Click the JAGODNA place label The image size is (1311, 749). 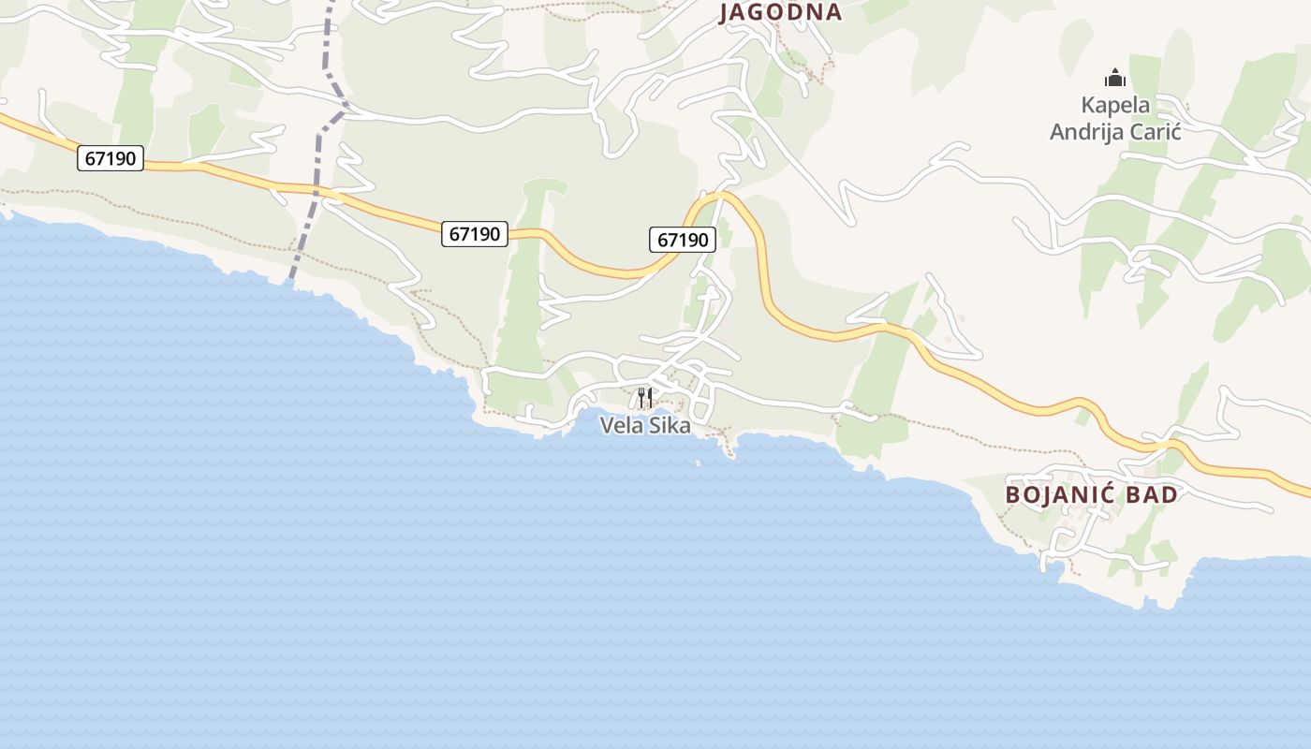780,12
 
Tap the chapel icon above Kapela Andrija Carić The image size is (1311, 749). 1114,77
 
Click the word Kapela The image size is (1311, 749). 1115,105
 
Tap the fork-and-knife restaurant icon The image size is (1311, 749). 644,398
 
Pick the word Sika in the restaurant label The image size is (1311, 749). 666,426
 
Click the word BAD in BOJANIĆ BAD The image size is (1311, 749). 1153,494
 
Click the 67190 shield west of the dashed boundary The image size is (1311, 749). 110,158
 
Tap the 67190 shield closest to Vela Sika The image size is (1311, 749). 683,240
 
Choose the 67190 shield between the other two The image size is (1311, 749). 475,234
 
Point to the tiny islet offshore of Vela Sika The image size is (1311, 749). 698,463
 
